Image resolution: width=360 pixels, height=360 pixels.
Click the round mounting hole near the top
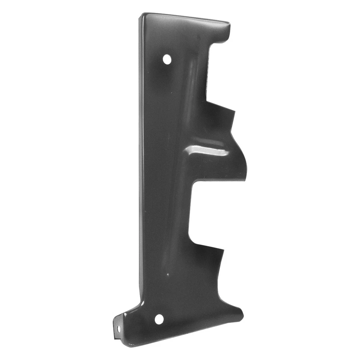(x=167, y=59)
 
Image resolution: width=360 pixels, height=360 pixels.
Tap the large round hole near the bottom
(x=159, y=319)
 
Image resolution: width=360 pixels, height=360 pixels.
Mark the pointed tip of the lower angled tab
(x=223, y=249)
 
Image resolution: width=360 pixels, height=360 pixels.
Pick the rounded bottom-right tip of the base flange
(x=242, y=315)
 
